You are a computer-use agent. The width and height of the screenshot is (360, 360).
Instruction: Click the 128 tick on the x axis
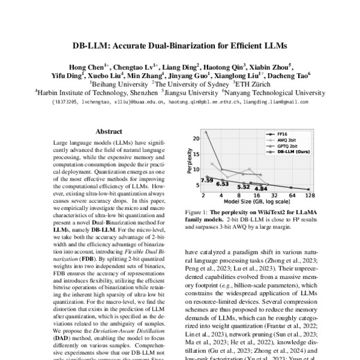pos(310,196)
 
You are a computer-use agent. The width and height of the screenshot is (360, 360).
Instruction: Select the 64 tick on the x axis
pos(292,196)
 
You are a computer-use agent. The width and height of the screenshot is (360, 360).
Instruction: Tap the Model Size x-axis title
pos(257,203)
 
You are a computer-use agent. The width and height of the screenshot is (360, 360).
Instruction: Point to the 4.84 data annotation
pos(261,188)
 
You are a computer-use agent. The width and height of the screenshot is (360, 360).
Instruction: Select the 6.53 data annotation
pos(223,184)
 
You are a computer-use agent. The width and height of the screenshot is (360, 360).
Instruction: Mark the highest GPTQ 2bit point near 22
pos(205,131)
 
